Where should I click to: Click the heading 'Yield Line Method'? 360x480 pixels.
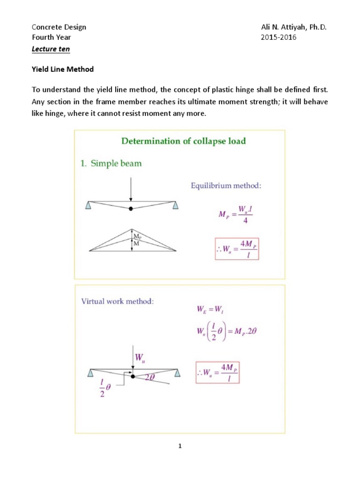pyautogui.click(x=63, y=69)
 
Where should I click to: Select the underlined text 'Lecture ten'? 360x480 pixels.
pyautogui.click(x=51, y=49)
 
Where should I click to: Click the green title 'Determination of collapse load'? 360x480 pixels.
pyautogui.click(x=183, y=141)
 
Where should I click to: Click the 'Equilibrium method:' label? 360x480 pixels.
pyautogui.click(x=226, y=186)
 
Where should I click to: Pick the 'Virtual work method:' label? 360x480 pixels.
pyautogui.click(x=117, y=301)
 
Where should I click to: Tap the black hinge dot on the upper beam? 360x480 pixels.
pyautogui.click(x=131, y=208)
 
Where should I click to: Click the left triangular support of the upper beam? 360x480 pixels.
pyautogui.click(x=89, y=204)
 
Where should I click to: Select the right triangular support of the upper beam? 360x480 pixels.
pyautogui.click(x=175, y=204)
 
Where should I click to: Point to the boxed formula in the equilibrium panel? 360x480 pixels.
pyautogui.click(x=236, y=249)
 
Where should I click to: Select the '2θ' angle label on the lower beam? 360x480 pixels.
pyautogui.click(x=150, y=376)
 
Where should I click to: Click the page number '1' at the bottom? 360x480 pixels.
pyautogui.click(x=180, y=446)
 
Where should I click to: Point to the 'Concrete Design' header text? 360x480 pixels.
pyautogui.click(x=59, y=27)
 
